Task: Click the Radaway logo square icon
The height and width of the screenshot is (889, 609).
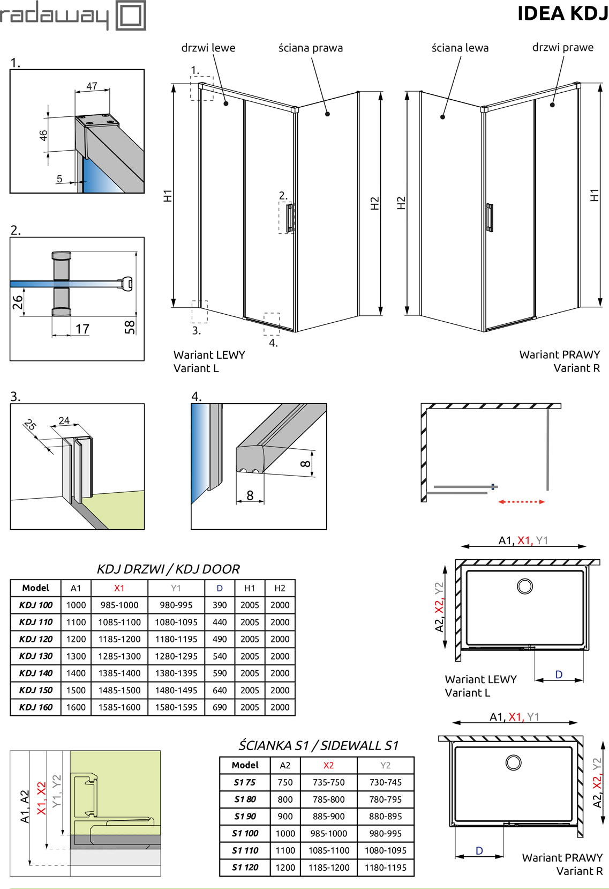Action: [x=130, y=16]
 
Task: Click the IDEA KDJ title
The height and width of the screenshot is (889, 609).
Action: [x=562, y=14]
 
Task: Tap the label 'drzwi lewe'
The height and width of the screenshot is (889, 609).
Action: [x=208, y=48]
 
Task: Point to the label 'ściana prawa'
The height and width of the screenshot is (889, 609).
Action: [x=310, y=48]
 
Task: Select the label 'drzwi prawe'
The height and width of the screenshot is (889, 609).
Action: [x=562, y=47]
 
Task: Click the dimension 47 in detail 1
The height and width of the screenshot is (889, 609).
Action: [x=92, y=86]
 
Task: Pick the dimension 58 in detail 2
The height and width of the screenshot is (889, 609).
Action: [x=130, y=327]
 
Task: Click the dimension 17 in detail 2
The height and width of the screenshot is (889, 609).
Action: [x=82, y=329]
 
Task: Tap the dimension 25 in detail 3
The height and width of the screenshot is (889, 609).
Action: [x=31, y=426]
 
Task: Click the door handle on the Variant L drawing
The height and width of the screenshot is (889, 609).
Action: [x=290, y=218]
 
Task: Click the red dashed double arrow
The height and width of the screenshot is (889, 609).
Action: [x=521, y=502]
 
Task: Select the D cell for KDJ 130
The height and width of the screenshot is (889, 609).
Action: [x=220, y=656]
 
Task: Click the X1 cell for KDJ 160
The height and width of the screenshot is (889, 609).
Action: [x=119, y=707]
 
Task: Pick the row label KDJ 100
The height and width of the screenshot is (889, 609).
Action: [x=36, y=605]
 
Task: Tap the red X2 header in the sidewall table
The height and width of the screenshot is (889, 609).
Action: [x=328, y=765]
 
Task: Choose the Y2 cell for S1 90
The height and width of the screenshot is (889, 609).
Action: [x=385, y=816]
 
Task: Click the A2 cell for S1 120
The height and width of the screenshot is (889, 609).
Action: [x=285, y=867]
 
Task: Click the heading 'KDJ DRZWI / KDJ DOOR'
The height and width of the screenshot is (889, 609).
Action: [x=168, y=569]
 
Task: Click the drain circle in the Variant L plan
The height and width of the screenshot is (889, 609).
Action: [x=525, y=586]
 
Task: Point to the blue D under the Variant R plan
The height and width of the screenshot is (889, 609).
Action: [x=479, y=850]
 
